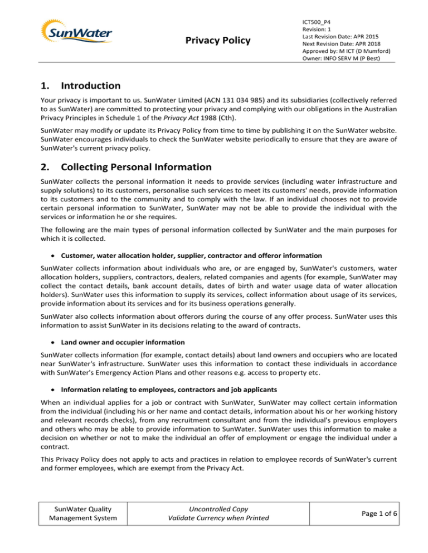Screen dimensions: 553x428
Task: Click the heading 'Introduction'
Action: click(91, 86)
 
